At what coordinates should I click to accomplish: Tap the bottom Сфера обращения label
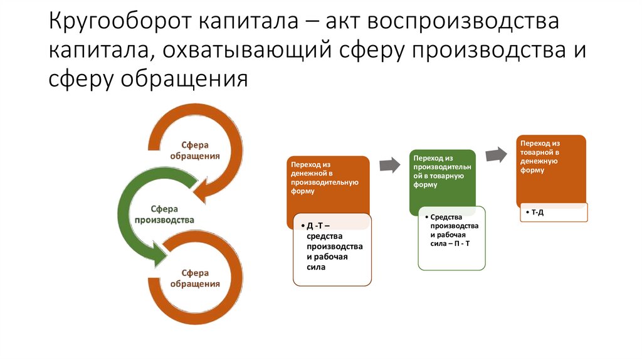click(196, 278)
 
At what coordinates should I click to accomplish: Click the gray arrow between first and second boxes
click(389, 165)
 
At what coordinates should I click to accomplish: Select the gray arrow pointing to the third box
click(497, 154)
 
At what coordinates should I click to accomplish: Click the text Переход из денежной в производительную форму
click(324, 177)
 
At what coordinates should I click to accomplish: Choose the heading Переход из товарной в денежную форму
click(540, 156)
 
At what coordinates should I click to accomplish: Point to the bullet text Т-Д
click(537, 213)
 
